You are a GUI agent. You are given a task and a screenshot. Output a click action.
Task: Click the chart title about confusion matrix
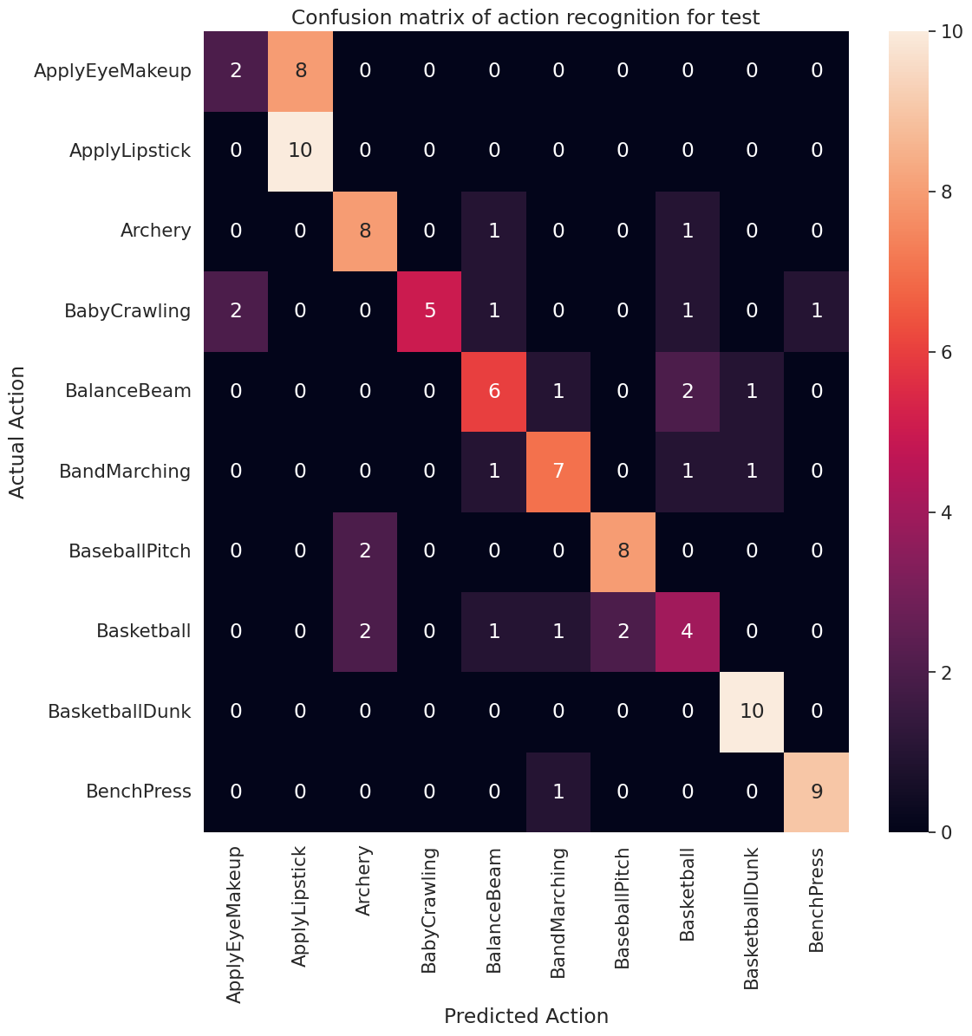pos(525,17)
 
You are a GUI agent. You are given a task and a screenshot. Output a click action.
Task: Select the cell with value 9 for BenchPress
pos(817,791)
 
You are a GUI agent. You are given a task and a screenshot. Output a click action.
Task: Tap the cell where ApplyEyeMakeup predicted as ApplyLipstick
pos(300,71)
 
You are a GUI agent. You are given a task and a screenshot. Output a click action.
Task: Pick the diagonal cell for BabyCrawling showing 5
pos(429,310)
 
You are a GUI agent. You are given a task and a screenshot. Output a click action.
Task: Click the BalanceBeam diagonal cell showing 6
pos(493,391)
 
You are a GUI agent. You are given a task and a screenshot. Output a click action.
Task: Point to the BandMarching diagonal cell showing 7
pos(558,471)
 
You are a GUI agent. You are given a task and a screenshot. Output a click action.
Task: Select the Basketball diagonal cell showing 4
pos(688,631)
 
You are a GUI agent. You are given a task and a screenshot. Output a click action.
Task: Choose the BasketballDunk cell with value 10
pos(752,711)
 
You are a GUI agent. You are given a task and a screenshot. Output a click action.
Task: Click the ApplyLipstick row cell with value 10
pos(300,151)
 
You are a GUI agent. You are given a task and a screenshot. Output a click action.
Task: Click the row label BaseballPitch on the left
pos(130,551)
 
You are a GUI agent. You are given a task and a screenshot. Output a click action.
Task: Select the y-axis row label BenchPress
pos(139,791)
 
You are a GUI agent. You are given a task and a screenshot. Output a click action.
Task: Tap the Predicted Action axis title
pos(525,1016)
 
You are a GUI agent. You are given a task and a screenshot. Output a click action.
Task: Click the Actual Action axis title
pos(17,432)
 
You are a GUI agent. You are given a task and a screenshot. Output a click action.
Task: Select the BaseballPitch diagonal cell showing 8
pos(623,551)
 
